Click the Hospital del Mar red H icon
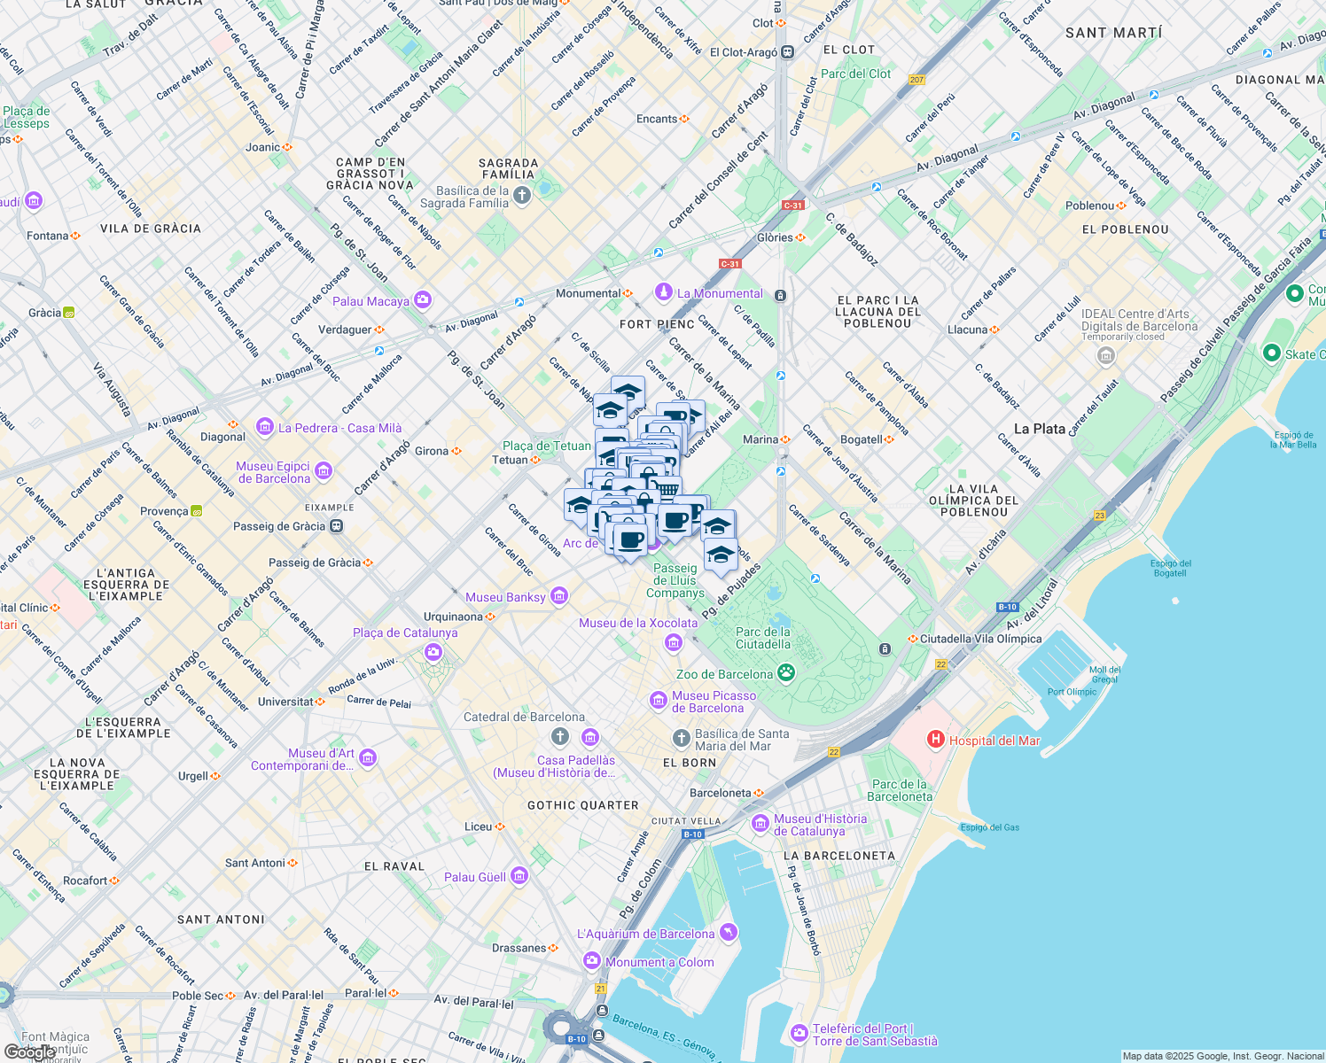pyautogui.click(x=934, y=739)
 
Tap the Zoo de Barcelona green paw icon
pyautogui.click(x=786, y=673)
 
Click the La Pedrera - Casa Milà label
pyautogui.click(x=339, y=428)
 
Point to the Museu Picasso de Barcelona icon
pyautogui.click(x=658, y=702)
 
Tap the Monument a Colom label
pyautogui.click(x=659, y=962)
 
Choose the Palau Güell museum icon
pyautogui.click(x=519, y=876)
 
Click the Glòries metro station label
pyautogui.click(x=775, y=237)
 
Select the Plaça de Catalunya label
pyautogui.click(x=405, y=632)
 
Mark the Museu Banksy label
pyautogui.click(x=505, y=597)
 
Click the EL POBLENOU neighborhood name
pyautogui.click(x=1125, y=229)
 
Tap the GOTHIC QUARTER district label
pyautogui.click(x=582, y=805)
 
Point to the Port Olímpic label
pyautogui.click(x=1072, y=692)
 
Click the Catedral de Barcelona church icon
pyautogui.click(x=559, y=737)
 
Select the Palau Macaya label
pyautogui.click(x=370, y=301)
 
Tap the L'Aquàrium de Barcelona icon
pyautogui.click(x=729, y=932)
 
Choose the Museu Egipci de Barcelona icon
pyautogui.click(x=324, y=470)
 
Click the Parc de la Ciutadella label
pyautogui.click(x=762, y=638)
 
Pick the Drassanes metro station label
pyautogui.click(x=519, y=948)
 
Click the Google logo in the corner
pyautogui.click(x=28, y=1052)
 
